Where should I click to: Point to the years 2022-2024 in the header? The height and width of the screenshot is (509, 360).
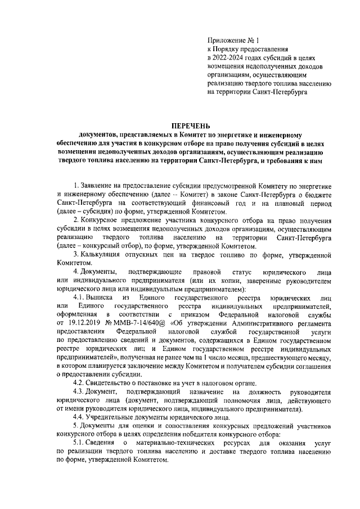[231, 57]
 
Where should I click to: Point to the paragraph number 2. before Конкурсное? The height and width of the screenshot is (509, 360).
[76, 220]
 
